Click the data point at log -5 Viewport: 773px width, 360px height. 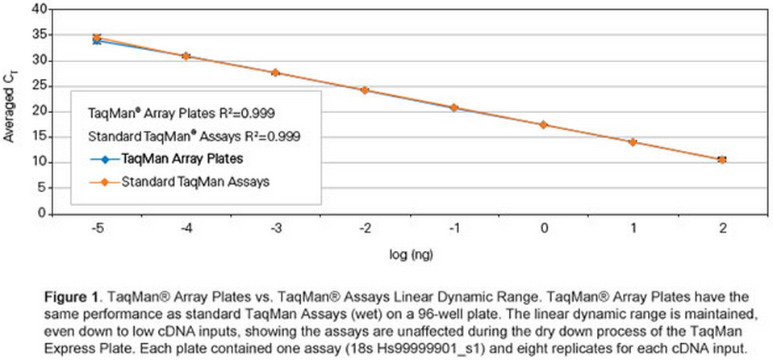[97, 38]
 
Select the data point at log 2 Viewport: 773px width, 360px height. [722, 160]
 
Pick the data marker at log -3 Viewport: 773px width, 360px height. [275, 73]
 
